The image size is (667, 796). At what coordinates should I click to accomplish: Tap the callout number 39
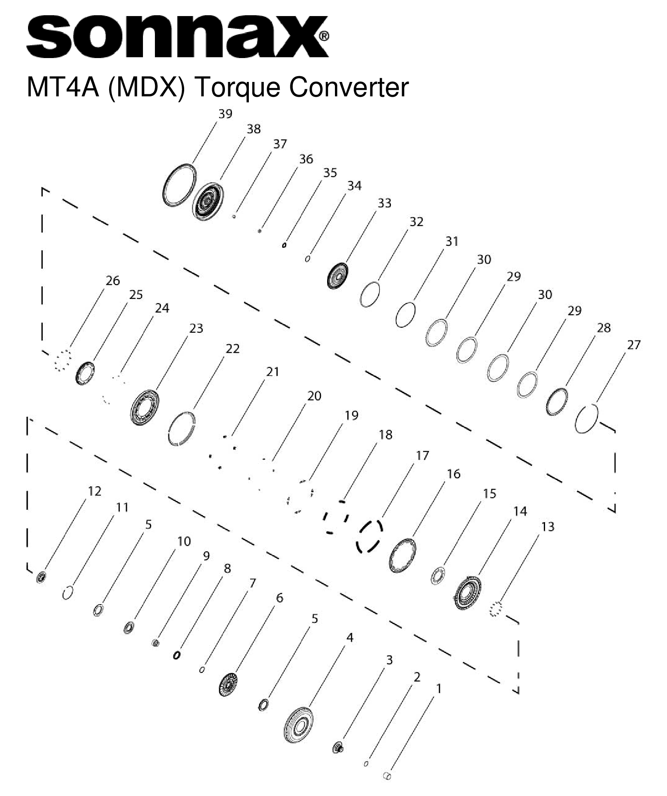click(x=225, y=114)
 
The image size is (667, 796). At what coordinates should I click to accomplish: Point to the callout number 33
click(x=384, y=203)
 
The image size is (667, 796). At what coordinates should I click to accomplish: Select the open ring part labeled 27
click(x=586, y=418)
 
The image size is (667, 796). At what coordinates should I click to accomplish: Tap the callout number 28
click(x=604, y=328)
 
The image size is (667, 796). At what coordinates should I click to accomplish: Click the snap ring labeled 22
click(x=182, y=428)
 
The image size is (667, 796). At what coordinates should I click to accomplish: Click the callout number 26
click(x=112, y=281)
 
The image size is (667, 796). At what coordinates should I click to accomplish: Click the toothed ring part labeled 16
click(x=403, y=556)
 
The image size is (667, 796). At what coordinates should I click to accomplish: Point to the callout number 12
click(x=94, y=491)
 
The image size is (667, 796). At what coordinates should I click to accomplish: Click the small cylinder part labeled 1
click(x=387, y=776)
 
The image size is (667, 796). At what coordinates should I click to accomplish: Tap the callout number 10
click(x=184, y=541)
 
